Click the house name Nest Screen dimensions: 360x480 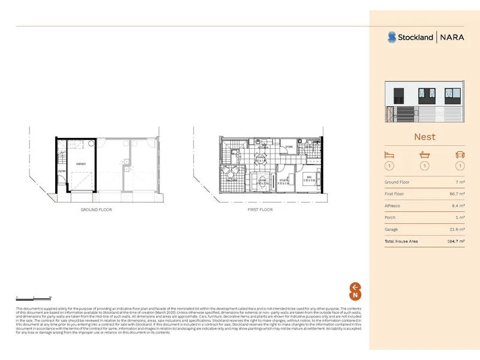tap(424, 137)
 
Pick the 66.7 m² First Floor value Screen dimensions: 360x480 tap(458, 194)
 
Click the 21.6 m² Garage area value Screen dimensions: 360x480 tap(458, 229)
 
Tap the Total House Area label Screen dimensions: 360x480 tap(401, 241)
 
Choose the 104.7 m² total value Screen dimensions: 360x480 tap(457, 241)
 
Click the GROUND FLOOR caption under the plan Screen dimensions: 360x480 tap(96, 210)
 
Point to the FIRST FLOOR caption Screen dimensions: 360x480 tap(260, 210)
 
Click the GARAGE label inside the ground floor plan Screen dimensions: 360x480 tap(80, 164)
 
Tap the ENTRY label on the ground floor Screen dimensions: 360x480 tap(62, 172)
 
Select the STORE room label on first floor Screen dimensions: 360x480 tap(289, 146)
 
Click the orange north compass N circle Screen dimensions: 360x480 tap(355, 295)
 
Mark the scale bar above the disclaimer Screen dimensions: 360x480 tap(34, 297)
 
